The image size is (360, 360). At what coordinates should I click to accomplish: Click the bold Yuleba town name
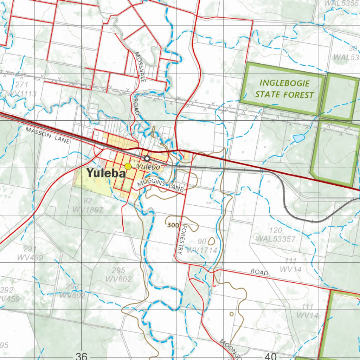coord(106,173)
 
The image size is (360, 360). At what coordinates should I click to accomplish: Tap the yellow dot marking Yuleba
coord(128,166)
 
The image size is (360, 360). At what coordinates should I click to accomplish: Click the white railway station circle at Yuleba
coord(147,159)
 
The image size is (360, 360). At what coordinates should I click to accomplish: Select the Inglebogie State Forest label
coord(284,89)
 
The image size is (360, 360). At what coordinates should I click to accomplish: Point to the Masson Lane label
coord(47,135)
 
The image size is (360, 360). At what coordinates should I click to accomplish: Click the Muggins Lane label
coord(161,185)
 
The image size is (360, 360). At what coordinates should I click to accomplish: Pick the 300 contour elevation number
coord(173,225)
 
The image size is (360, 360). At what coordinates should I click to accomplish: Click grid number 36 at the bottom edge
coord(81,356)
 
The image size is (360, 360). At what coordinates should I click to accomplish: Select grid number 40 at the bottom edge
coord(271,356)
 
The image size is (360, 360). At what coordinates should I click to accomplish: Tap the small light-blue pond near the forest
coord(298,138)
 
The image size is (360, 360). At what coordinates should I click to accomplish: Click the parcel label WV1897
coord(88,210)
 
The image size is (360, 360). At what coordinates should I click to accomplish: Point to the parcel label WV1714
coord(202,250)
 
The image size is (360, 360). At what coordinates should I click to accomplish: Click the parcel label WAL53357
coord(276,239)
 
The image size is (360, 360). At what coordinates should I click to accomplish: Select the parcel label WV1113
coord(21,94)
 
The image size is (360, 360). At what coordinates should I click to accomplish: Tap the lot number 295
coord(118,270)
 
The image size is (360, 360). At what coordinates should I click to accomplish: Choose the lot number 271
coord(21,85)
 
